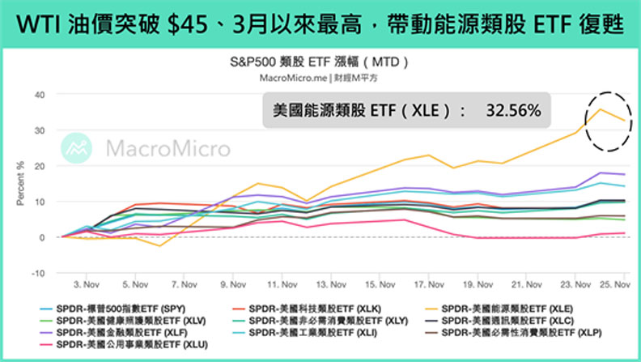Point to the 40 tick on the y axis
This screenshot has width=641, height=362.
(x=38, y=95)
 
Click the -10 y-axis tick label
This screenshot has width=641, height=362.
(x=37, y=273)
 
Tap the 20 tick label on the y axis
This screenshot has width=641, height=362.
(x=38, y=166)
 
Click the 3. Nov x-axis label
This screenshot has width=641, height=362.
(x=86, y=285)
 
